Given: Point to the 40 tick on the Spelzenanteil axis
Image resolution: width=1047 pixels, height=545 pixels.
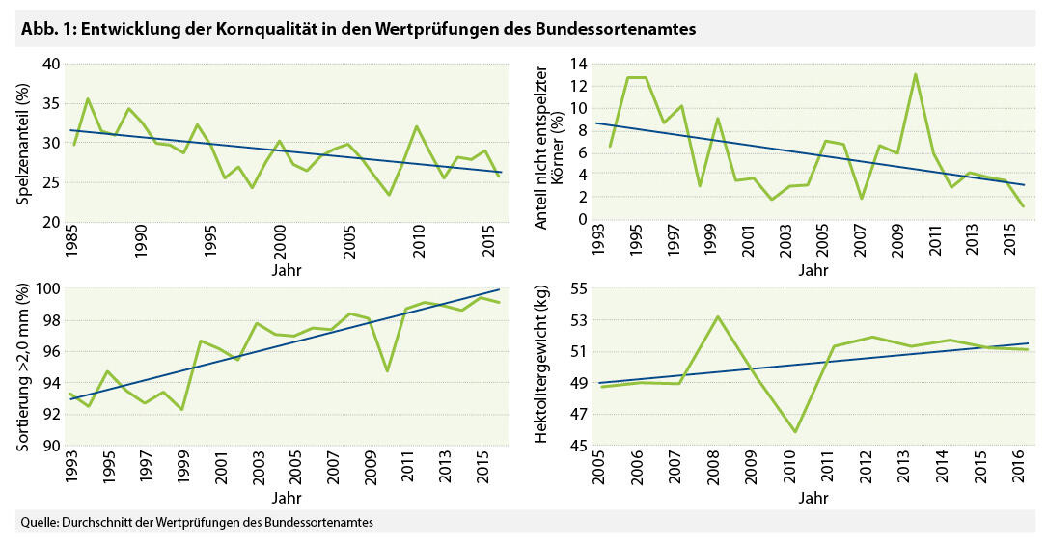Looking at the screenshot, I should pos(50,65).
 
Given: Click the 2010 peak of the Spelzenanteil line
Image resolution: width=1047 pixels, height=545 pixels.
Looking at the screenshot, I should pos(416,126).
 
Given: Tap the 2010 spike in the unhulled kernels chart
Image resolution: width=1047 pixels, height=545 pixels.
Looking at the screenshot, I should pos(915,74).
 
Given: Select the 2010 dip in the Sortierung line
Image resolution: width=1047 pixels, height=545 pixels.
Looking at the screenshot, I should pos(386,371).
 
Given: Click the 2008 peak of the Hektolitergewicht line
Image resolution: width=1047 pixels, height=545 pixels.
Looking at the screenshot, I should pos(716,316).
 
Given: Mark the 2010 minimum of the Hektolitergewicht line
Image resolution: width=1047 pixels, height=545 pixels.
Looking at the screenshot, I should pos(795,432).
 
